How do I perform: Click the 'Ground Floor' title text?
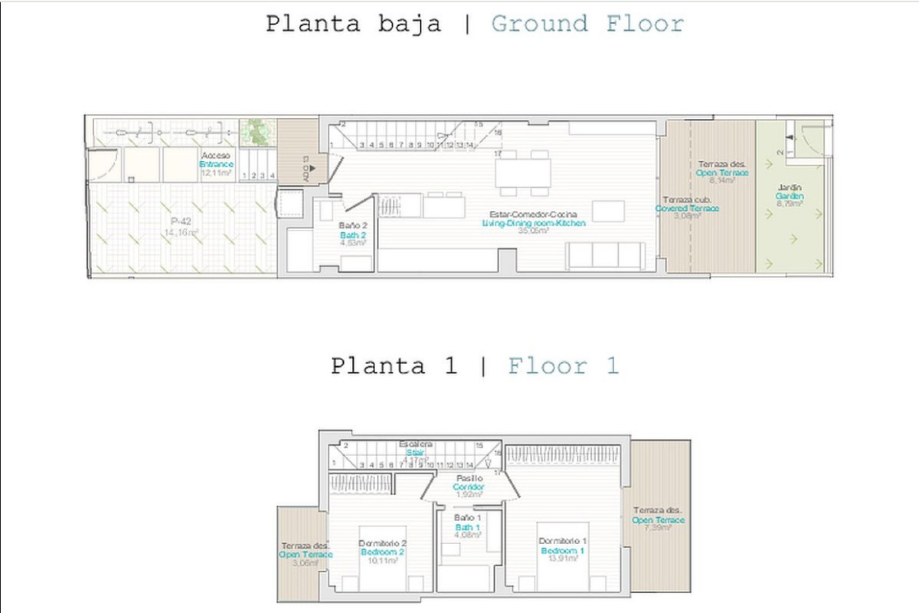click(x=588, y=24)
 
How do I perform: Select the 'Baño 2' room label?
click(x=353, y=226)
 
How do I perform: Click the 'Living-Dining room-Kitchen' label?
click(x=533, y=223)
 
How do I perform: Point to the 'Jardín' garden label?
click(x=789, y=187)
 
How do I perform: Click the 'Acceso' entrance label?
click(x=215, y=156)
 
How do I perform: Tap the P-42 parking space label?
click(x=181, y=221)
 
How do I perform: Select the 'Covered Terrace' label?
click(x=687, y=208)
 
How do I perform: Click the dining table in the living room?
click(x=523, y=173)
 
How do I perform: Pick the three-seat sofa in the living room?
click(x=605, y=255)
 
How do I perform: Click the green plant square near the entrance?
click(x=258, y=133)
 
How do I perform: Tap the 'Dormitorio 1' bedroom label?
click(x=562, y=541)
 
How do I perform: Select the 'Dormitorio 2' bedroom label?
click(x=382, y=543)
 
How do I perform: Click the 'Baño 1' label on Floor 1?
click(x=467, y=518)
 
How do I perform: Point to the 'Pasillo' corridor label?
click(x=469, y=478)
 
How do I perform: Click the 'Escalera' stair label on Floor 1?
click(x=415, y=444)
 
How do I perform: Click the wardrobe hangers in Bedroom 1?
click(x=562, y=455)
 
